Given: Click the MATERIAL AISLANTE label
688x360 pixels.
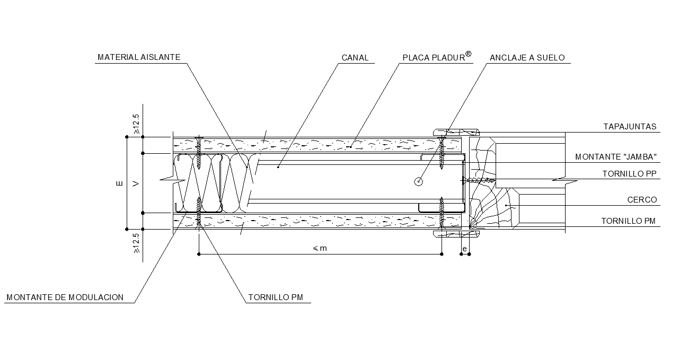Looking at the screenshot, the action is [x=139, y=57].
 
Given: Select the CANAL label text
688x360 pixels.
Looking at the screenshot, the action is [x=355, y=58].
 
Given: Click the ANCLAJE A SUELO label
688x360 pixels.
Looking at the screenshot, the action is [x=527, y=58].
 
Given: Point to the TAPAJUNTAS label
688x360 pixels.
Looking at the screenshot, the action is [x=630, y=127].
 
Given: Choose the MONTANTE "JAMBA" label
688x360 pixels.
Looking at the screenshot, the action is [x=616, y=157].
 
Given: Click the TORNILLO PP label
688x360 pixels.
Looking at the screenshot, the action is [x=629, y=174].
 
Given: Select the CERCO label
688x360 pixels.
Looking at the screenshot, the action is [x=642, y=200].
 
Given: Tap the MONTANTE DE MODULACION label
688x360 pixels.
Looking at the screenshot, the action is [x=65, y=297].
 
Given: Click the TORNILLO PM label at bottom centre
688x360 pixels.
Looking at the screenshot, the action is [x=276, y=297].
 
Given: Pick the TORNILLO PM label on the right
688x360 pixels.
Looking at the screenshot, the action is [x=629, y=221].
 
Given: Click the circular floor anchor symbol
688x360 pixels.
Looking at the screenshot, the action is [x=418, y=182].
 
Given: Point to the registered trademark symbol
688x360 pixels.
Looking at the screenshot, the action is [x=469, y=54].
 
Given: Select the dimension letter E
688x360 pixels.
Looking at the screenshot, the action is [x=119, y=183].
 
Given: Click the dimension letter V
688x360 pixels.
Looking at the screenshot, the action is [x=136, y=183].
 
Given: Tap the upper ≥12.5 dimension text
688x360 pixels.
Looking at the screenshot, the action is [x=136, y=124].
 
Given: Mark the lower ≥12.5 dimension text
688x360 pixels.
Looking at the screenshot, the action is [x=136, y=243].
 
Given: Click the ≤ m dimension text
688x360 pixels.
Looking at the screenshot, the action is [x=320, y=248].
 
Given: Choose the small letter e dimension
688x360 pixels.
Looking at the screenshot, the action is [x=465, y=249].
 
